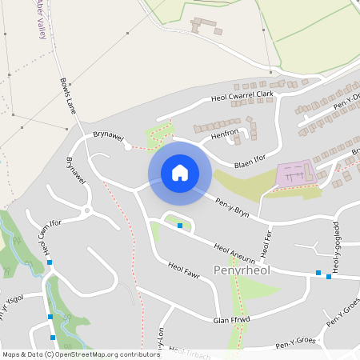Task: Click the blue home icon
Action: pyautogui.click(x=179, y=172)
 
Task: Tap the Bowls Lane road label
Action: pyautogui.click(x=67, y=95)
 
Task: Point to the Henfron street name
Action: pyautogui.click(x=225, y=135)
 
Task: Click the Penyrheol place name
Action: pyautogui.click(x=242, y=270)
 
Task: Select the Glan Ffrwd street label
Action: pyautogui.click(x=232, y=318)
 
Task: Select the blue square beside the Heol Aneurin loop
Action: pyautogui.click(x=180, y=226)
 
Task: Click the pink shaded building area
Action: pyautogui.click(x=296, y=173)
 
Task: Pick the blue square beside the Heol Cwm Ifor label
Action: pyautogui.click(x=50, y=262)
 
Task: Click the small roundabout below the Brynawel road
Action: pyautogui.click(x=86, y=212)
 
